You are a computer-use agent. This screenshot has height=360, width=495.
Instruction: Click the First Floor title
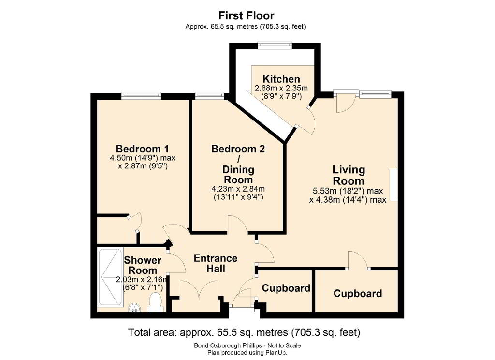coord(246,15)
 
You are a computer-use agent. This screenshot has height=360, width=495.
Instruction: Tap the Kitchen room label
coord(281,79)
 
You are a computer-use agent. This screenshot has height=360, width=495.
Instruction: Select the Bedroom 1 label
coord(142,149)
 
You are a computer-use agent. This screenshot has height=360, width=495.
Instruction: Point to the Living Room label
coord(349,175)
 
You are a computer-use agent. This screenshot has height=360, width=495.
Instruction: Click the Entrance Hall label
coord(215,263)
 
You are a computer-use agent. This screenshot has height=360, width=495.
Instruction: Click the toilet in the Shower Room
coord(155,302)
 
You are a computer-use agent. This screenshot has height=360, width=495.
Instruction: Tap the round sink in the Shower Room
coord(135,307)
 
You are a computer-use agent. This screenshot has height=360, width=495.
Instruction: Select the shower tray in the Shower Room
coord(110,277)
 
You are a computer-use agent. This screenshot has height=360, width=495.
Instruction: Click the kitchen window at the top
coord(275,46)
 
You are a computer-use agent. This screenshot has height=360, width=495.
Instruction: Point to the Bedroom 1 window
coord(142,95)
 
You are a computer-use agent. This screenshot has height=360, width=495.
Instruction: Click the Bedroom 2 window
coord(210,95)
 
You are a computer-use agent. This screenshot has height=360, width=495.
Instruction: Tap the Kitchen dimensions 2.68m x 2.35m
coord(281,88)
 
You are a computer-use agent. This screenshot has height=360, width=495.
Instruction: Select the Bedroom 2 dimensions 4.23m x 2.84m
coord(238,189)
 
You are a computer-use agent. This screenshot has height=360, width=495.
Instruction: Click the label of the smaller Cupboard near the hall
coord(286,288)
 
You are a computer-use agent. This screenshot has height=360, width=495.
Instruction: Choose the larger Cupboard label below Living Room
coord(358,293)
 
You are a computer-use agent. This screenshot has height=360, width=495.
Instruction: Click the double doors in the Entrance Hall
coord(199,290)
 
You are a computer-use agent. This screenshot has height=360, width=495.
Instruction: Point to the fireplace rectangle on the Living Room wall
coord(393,185)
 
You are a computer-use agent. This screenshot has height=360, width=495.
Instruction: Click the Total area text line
coord(244,332)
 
